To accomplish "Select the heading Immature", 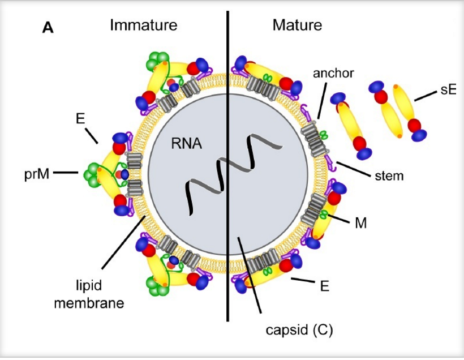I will click(144, 25).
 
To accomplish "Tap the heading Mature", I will click(297, 25).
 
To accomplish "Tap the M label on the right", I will click(361, 223).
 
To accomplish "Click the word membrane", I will click(89, 302).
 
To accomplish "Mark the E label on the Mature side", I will click(324, 286).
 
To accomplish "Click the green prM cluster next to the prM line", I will click(92, 173).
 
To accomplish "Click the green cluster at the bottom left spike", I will click(157, 286).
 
